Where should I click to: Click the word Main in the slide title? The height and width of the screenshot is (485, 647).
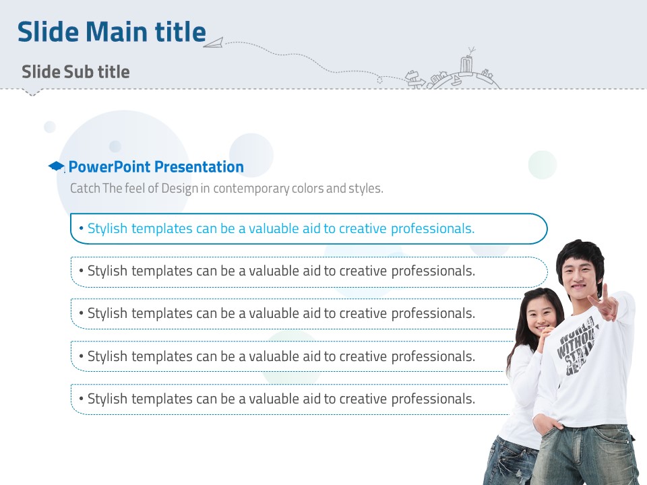[117, 32]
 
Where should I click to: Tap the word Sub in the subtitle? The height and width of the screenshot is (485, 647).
[75, 72]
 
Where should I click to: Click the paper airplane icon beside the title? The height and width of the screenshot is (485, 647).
[214, 42]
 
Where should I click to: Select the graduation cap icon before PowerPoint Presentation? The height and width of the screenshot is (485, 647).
[56, 166]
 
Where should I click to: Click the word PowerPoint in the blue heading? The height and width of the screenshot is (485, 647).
[109, 166]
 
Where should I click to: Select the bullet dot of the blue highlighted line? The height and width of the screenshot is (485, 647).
[82, 228]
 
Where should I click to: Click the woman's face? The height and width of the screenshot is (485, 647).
[541, 315]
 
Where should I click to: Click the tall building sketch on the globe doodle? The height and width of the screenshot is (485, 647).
[466, 65]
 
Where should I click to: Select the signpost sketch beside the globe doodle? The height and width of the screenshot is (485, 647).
[414, 79]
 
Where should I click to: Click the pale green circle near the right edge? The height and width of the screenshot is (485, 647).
[543, 165]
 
